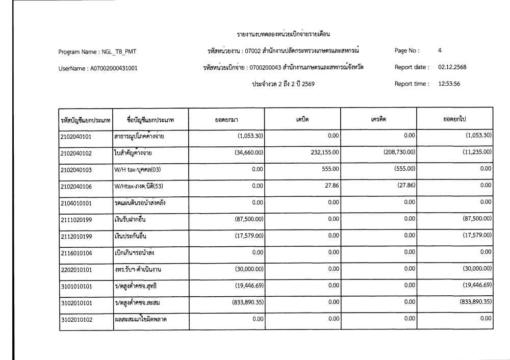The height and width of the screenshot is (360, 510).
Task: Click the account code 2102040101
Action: pyautogui.click(x=76, y=136)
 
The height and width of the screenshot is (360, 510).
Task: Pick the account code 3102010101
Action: pyautogui.click(x=76, y=303)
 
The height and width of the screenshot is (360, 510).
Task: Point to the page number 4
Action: pyautogui.click(x=440, y=50)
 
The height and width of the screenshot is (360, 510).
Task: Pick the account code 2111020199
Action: pyautogui.click(x=76, y=219)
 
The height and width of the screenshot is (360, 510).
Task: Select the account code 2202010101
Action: pyautogui.click(x=76, y=269)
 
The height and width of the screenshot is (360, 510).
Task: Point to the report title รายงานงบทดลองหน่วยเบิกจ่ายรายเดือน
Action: pyautogui.click(x=284, y=34)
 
